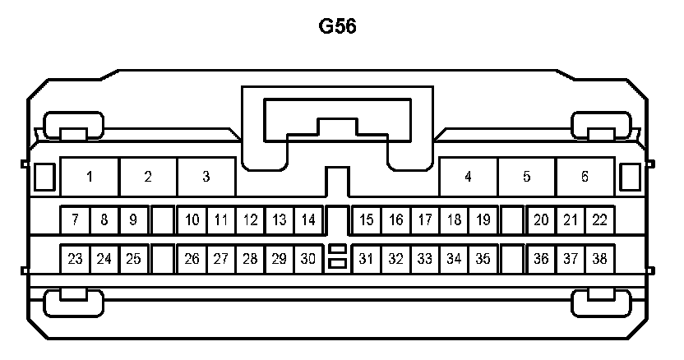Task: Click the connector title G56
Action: [337, 26]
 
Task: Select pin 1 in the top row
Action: [90, 177]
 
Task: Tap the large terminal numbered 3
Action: [206, 177]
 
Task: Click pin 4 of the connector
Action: [468, 177]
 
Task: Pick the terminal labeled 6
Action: [585, 177]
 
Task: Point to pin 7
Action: [75, 220]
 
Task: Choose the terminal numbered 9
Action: [133, 220]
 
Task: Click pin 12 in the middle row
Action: [250, 220]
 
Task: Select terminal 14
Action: [308, 220]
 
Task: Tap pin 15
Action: [367, 220]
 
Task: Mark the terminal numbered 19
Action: [483, 220]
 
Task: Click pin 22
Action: [599, 220]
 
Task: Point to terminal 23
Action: [75, 259]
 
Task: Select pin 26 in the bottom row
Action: [192, 259]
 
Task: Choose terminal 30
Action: [308, 259]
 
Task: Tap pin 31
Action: [367, 259]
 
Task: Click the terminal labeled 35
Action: [483, 259]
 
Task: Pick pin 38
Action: [599, 259]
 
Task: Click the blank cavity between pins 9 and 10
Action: [163, 220]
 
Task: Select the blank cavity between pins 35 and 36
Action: [512, 259]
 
